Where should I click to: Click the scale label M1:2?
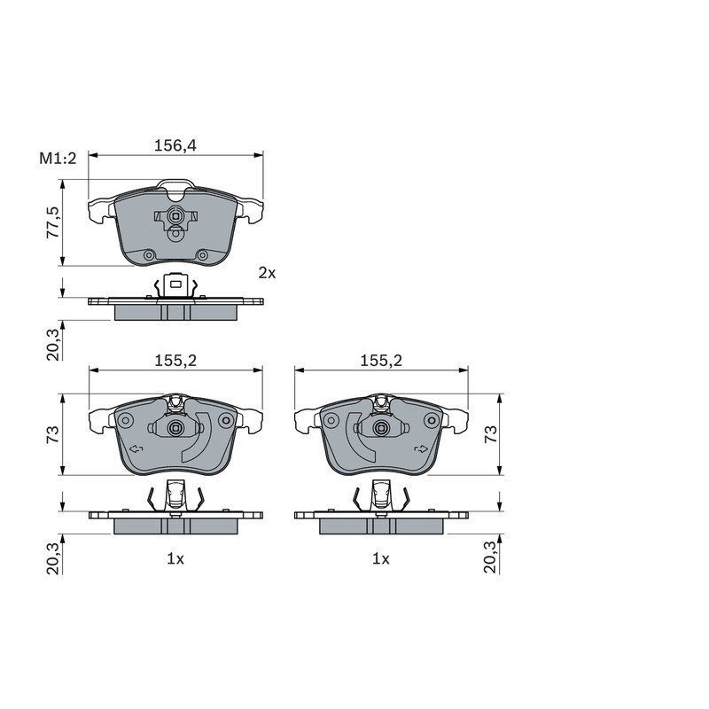pyautogui.click(x=58, y=159)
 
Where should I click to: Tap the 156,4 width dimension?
pyautogui.click(x=175, y=145)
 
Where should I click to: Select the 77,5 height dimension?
pyautogui.click(x=53, y=222)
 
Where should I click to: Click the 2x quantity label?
pyautogui.click(x=267, y=273)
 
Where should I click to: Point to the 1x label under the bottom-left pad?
pyautogui.click(x=175, y=559)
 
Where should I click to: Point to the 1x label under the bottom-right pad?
pyautogui.click(x=381, y=559)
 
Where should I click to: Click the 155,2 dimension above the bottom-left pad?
pyautogui.click(x=175, y=361)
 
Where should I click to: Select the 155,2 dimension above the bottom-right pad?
pyautogui.click(x=381, y=361)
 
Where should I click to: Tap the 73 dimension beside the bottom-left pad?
pyautogui.click(x=53, y=434)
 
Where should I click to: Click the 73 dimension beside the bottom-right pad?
pyautogui.click(x=491, y=434)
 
